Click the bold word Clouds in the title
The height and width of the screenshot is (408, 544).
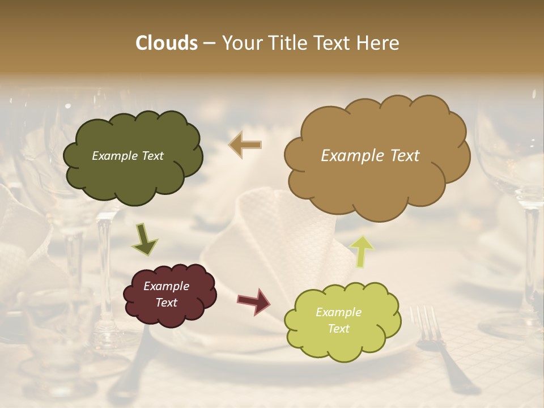point(166,43)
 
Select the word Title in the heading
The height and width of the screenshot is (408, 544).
point(288,43)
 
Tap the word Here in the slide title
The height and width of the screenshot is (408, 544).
point(379,43)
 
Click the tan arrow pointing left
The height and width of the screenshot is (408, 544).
point(245,144)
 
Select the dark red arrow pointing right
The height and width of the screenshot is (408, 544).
point(254,301)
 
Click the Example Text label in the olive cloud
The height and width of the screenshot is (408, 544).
point(127,156)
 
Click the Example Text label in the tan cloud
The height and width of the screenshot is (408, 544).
point(370,156)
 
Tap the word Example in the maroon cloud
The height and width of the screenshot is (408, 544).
point(166,286)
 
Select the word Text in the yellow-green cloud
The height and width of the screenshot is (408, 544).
point(338,329)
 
